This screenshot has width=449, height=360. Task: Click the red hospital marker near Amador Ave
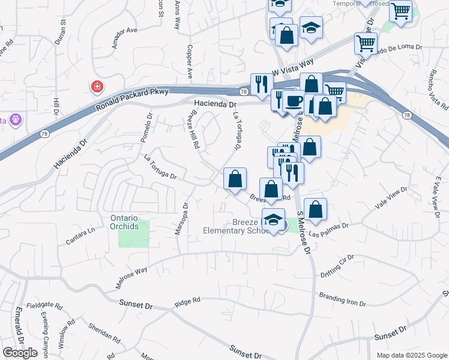96,88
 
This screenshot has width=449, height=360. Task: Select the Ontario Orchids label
124,222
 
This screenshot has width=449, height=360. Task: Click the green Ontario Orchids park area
133,238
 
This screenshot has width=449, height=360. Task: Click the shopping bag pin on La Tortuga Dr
235,178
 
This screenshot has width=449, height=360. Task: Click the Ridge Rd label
187,303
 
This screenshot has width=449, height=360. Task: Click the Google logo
20,353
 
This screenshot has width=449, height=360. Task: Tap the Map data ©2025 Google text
411,355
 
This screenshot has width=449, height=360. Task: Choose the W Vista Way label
293,65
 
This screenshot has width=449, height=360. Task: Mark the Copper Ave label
190,62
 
